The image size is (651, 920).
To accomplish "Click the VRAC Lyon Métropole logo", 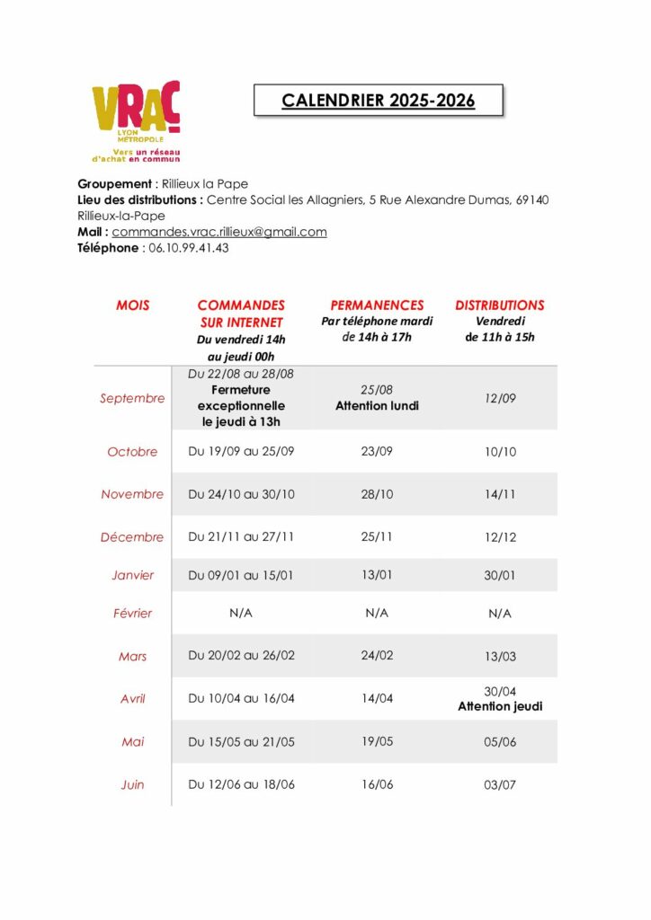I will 136,120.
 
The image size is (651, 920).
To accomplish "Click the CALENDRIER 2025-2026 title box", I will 378,101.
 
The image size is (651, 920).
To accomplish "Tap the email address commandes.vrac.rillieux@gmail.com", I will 218,232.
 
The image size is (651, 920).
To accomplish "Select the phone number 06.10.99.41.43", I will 188,248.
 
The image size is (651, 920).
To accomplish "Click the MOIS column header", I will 133,305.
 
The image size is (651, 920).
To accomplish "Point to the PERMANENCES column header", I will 377,305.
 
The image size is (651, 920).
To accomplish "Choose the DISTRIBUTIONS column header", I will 499,305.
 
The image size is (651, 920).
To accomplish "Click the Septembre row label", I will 132,398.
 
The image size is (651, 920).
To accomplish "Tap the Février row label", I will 132,614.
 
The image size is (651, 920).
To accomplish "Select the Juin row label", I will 132,784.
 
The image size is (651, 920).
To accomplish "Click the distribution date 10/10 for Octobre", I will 500,452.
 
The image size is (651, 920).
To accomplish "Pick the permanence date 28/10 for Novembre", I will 377,494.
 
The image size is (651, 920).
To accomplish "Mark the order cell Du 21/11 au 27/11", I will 241,536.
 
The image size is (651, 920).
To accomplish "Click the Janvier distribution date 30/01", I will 500,576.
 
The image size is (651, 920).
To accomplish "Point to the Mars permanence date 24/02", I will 377,656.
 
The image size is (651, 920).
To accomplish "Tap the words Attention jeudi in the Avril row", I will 500,706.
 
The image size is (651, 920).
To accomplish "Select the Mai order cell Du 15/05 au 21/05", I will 241,742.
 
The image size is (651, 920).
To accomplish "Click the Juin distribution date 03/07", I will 500,785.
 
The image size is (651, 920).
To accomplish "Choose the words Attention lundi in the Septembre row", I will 377,405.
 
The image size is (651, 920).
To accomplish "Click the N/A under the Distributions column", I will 500,614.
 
